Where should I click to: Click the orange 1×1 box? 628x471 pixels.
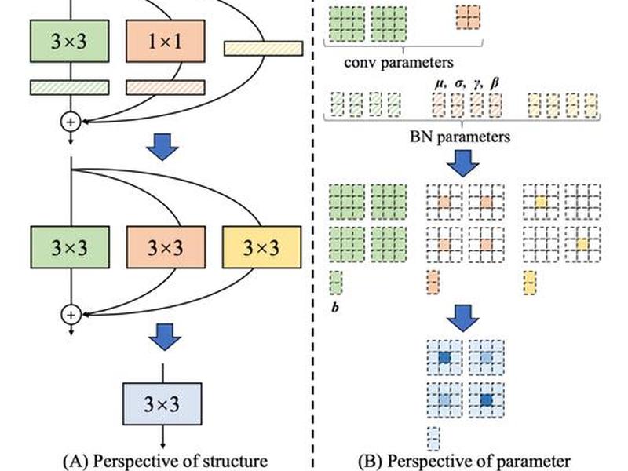click(x=166, y=41)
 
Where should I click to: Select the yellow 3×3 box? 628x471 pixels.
click(x=261, y=247)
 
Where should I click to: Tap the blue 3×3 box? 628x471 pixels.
click(x=162, y=403)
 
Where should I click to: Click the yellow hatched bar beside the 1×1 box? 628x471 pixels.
click(x=263, y=49)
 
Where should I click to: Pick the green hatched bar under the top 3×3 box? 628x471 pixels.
click(x=70, y=88)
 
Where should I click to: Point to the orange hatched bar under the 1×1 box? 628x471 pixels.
click(x=166, y=88)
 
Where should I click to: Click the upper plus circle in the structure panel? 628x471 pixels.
click(x=71, y=122)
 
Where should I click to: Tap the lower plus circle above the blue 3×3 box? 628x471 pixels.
click(x=71, y=315)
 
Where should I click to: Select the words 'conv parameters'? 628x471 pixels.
click(x=399, y=63)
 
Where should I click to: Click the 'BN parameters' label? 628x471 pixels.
click(x=460, y=137)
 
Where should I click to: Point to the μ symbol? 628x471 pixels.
click(x=440, y=84)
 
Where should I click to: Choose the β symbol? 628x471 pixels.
click(x=495, y=83)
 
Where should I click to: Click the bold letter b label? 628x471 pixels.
click(x=335, y=307)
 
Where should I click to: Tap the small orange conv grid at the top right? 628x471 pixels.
click(x=468, y=17)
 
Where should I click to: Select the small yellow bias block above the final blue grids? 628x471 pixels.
click(x=530, y=283)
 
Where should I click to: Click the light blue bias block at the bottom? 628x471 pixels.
click(x=433, y=439)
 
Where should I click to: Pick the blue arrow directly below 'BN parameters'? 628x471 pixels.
click(x=463, y=163)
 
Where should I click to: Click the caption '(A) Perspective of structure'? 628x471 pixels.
click(x=166, y=462)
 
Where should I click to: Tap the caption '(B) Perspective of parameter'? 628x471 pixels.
click(x=464, y=462)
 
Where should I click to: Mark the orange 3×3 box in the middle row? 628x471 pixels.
click(x=166, y=247)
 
